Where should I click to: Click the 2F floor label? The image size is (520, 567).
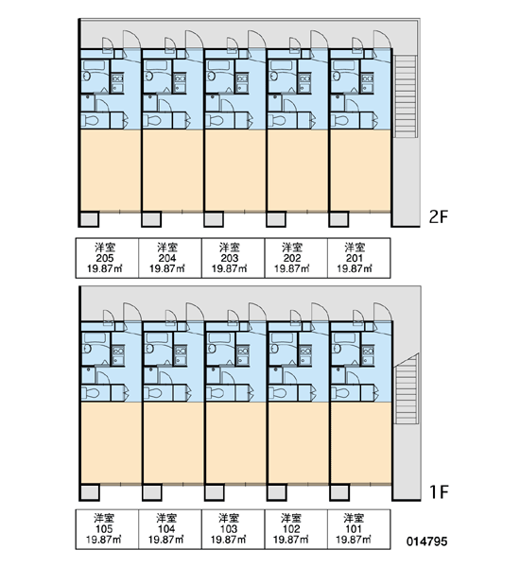(x=439, y=217)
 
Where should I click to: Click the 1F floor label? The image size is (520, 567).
(x=439, y=491)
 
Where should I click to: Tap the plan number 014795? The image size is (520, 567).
(x=426, y=541)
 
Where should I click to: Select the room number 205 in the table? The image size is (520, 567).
(x=105, y=258)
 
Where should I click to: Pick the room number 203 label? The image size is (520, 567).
(x=230, y=258)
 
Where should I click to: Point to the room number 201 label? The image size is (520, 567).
(x=355, y=258)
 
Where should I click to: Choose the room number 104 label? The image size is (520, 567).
(x=166, y=529)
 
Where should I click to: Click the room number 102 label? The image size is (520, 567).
(x=291, y=529)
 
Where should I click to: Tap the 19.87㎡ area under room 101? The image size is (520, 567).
(x=354, y=540)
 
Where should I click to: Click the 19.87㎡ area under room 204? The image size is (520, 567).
(x=167, y=268)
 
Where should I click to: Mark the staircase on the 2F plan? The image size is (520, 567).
(x=406, y=96)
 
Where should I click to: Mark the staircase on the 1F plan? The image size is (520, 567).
(x=406, y=389)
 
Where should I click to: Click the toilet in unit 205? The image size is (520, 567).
(x=90, y=120)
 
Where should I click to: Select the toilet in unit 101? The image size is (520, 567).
(x=340, y=393)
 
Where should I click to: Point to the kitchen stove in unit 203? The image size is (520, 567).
(x=242, y=78)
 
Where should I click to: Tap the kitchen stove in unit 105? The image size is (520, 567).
(x=117, y=351)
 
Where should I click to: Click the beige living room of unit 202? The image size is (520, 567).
(x=298, y=170)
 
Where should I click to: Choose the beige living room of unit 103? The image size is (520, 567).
(x=235, y=442)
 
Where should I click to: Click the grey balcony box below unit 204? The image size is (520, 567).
(x=151, y=219)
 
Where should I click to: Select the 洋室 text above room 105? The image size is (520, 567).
(x=104, y=518)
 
